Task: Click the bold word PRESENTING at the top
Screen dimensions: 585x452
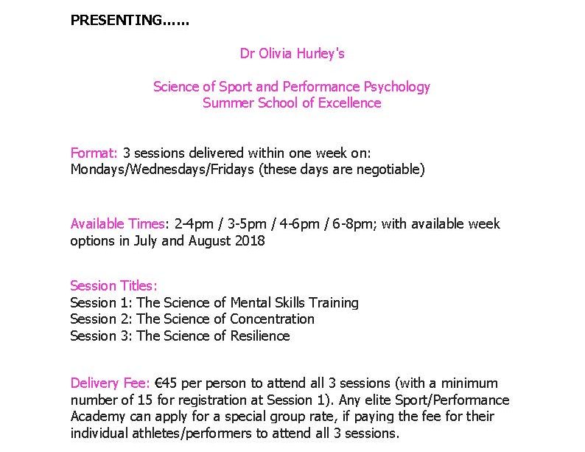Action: pos(116,20)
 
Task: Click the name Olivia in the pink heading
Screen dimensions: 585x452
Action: pos(275,53)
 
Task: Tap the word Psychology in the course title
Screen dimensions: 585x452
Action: pos(396,87)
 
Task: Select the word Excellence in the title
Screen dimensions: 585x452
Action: pos(349,103)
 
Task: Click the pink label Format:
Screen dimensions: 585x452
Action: pos(94,153)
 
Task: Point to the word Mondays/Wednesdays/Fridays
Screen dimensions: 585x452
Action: pos(162,170)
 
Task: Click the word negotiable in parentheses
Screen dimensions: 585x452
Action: pos(388,170)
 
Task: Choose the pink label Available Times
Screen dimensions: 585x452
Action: pos(118,224)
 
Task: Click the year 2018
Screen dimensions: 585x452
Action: pos(250,240)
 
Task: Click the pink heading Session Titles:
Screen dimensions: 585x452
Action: pos(113,286)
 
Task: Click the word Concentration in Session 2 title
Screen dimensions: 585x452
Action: pos(272,319)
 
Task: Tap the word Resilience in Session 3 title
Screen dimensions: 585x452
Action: pos(260,336)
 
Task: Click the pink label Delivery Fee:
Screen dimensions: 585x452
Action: pos(110,383)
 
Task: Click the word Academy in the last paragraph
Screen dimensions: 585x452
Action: pos(98,417)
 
